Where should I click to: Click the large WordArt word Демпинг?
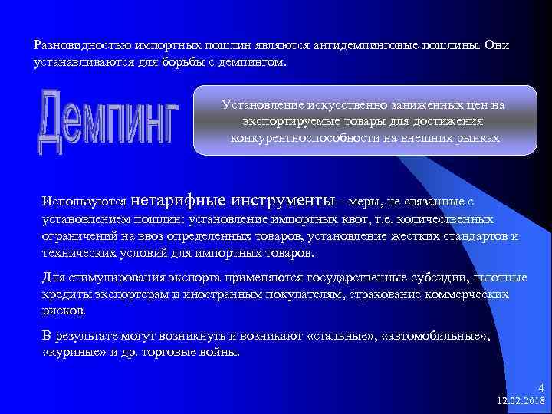(x=107, y=121)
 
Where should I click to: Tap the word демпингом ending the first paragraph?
(x=256, y=61)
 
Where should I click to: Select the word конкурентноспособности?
(x=308, y=138)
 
